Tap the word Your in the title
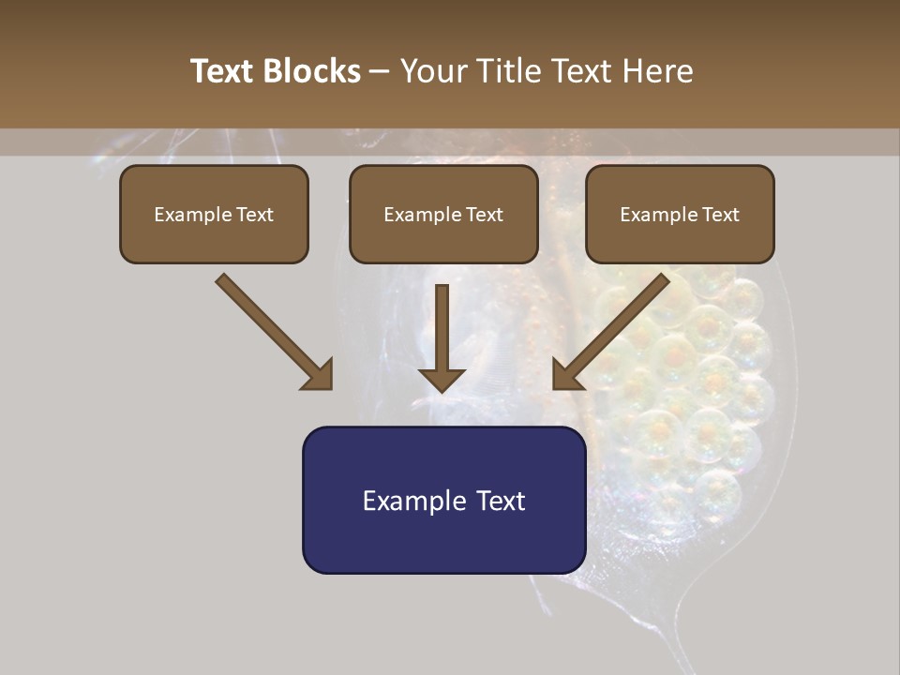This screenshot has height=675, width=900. point(435,71)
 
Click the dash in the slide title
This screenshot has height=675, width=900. point(380,72)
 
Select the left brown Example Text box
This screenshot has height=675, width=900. point(214,215)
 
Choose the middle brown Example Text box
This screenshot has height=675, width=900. point(443,215)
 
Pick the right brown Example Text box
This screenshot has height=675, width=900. point(680,215)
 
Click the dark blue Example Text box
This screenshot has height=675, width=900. point(443,500)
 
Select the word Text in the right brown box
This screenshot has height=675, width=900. point(720,215)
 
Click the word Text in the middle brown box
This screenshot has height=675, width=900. point(484,215)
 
